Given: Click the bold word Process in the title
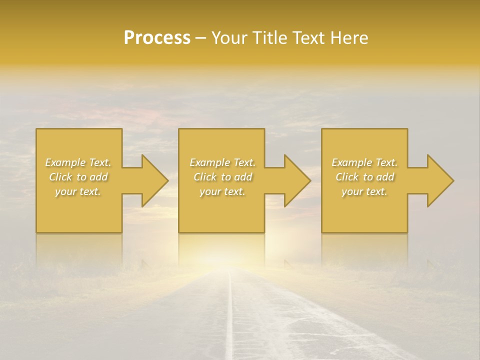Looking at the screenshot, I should (x=157, y=38).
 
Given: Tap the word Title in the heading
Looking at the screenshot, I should (x=270, y=38).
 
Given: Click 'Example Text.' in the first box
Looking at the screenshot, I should (x=78, y=162).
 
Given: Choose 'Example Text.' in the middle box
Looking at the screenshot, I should (x=222, y=162).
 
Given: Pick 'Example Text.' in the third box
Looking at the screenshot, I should (x=364, y=162).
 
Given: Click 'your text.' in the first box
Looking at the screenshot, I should (x=78, y=191).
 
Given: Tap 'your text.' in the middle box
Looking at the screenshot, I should (x=222, y=191).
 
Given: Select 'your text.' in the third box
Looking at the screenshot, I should (x=364, y=191).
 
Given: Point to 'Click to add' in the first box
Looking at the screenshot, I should (x=78, y=177).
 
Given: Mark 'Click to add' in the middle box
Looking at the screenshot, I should (x=222, y=177).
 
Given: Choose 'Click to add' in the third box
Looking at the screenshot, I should (x=364, y=177).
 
